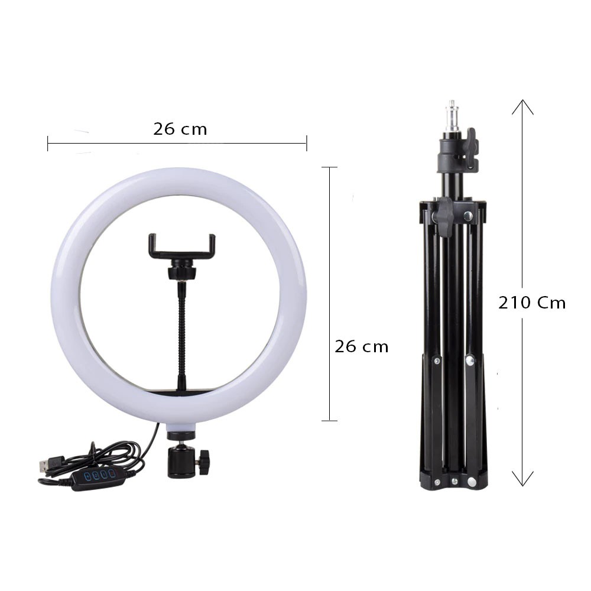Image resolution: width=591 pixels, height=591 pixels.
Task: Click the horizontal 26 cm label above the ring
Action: pos(180,129)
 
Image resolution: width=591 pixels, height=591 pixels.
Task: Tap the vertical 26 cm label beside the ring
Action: pos(361,346)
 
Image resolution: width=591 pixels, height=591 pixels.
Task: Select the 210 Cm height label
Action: pos(532,303)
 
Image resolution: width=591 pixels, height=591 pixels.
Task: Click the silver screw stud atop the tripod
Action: pos(453,115)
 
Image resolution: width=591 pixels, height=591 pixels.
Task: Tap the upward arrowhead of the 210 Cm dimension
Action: pos(522,106)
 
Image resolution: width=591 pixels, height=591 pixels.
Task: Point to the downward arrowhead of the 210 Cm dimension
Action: pos(522,479)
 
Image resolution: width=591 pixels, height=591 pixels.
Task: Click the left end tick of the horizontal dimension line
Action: pos(48,143)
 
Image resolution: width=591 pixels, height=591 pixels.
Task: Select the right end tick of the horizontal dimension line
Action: pos(306,143)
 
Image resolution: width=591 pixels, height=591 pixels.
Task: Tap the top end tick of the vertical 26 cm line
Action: pos(329,167)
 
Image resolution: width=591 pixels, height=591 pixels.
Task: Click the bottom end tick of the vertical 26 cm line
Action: pos(329,421)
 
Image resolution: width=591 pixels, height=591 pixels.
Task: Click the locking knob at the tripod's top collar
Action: pos(470,145)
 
